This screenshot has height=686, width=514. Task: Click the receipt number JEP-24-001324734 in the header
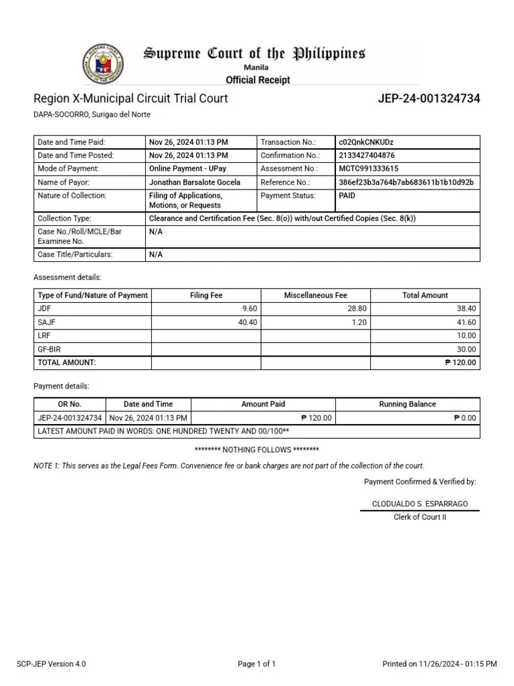coord(429,98)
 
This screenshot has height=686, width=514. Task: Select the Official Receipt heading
coord(258,80)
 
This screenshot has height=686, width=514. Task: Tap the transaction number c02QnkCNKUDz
coord(367,142)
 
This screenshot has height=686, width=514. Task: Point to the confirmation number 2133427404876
coord(367,155)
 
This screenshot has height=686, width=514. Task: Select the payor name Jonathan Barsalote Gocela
coord(194,182)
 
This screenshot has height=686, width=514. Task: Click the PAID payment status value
coord(347,196)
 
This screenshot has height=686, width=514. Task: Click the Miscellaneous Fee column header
coord(315,295)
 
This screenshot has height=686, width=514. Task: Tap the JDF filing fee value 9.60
coord(248,308)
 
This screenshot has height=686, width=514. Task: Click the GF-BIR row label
coord(51,349)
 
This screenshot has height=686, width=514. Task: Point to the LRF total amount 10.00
coord(466,336)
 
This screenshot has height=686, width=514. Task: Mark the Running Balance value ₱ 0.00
coord(464,417)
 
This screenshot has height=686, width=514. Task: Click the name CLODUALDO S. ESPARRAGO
coord(420,503)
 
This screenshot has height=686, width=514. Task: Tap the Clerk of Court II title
coord(420,517)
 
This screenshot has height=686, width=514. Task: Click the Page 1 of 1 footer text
coord(257,664)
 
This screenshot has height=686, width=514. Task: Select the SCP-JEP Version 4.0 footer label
coord(51,664)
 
